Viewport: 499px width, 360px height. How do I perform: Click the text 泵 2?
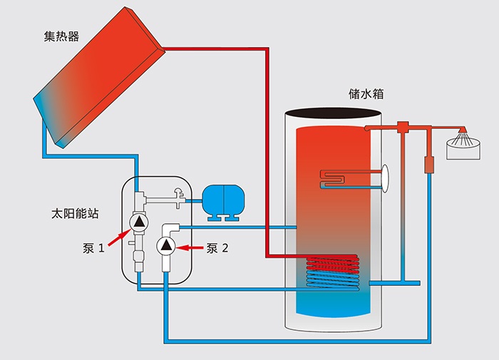tap(217, 248)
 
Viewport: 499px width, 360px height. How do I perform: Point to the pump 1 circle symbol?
tap(138, 222)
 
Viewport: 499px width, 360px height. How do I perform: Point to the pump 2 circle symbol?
tap(167, 247)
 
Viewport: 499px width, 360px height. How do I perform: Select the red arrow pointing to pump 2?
tap(190, 247)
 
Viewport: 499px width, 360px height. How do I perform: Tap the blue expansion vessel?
tap(222, 199)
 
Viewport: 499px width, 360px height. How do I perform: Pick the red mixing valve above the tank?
tap(403, 128)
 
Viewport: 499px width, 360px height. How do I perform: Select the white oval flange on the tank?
tap(386, 177)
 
